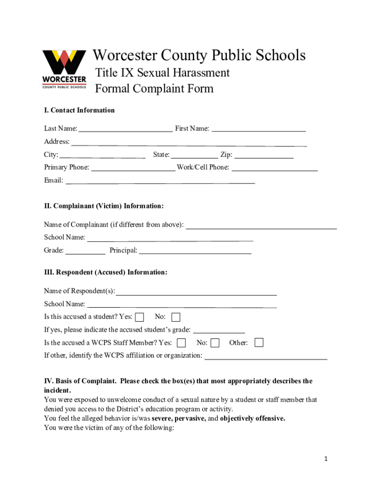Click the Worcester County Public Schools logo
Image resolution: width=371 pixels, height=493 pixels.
(x=65, y=69)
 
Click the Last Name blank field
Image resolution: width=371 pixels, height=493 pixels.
(x=125, y=129)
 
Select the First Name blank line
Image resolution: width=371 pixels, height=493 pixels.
(x=259, y=129)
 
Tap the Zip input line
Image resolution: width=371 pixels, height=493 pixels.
(x=264, y=155)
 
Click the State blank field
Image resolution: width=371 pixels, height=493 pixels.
(x=194, y=155)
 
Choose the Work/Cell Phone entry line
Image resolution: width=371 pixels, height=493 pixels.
(x=275, y=168)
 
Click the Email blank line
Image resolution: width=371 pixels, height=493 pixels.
(x=160, y=181)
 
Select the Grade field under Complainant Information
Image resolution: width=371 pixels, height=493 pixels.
(x=85, y=251)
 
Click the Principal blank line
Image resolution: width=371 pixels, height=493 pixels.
(x=195, y=251)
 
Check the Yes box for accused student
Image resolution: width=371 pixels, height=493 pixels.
(x=140, y=317)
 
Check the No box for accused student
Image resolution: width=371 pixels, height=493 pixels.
(x=176, y=317)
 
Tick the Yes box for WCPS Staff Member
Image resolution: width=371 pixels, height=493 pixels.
(x=182, y=343)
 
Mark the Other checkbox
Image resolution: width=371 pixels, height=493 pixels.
(x=259, y=342)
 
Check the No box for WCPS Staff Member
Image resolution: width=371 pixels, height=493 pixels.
(x=215, y=343)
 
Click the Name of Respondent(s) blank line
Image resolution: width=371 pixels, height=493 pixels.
(x=196, y=292)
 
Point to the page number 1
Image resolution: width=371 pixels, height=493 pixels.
(x=326, y=459)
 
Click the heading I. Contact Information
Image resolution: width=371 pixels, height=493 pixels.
(x=79, y=110)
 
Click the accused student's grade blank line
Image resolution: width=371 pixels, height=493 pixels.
(x=219, y=330)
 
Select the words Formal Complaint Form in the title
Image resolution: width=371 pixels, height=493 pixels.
(x=154, y=89)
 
